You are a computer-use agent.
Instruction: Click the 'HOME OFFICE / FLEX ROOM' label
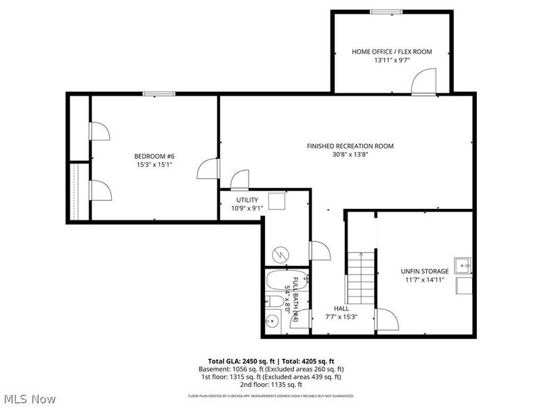tap(392, 52)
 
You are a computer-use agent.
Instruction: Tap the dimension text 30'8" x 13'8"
tap(350, 155)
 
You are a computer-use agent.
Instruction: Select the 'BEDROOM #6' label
tap(154, 155)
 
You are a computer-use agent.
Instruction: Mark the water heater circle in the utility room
tap(278, 254)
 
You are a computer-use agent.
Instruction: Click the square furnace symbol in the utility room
tap(276, 201)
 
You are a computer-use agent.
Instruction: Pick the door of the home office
tap(421, 83)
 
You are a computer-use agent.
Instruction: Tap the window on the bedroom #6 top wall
tap(155, 94)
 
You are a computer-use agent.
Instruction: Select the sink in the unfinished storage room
tap(463, 264)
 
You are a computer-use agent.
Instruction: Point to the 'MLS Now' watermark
tap(29, 399)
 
